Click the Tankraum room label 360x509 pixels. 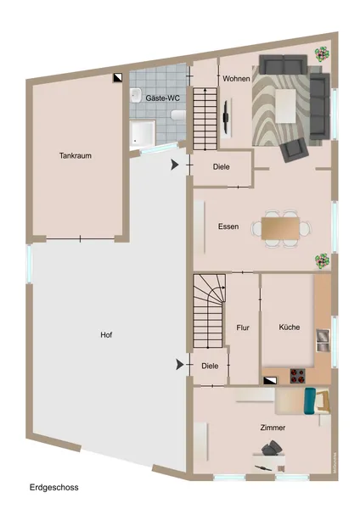[76, 156]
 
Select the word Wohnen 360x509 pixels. [236, 79]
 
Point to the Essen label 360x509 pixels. [228, 227]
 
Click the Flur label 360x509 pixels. [242, 327]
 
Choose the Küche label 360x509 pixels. [289, 327]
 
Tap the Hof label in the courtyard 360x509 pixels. [106, 335]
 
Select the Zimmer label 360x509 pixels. [273, 428]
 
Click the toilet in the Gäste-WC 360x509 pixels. [177, 114]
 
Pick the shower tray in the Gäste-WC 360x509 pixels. [142, 133]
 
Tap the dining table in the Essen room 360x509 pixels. [281, 228]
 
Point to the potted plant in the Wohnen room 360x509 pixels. [321, 53]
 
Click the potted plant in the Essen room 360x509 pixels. [321, 260]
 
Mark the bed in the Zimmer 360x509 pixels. [303, 400]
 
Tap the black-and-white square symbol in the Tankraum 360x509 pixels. [119, 77]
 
